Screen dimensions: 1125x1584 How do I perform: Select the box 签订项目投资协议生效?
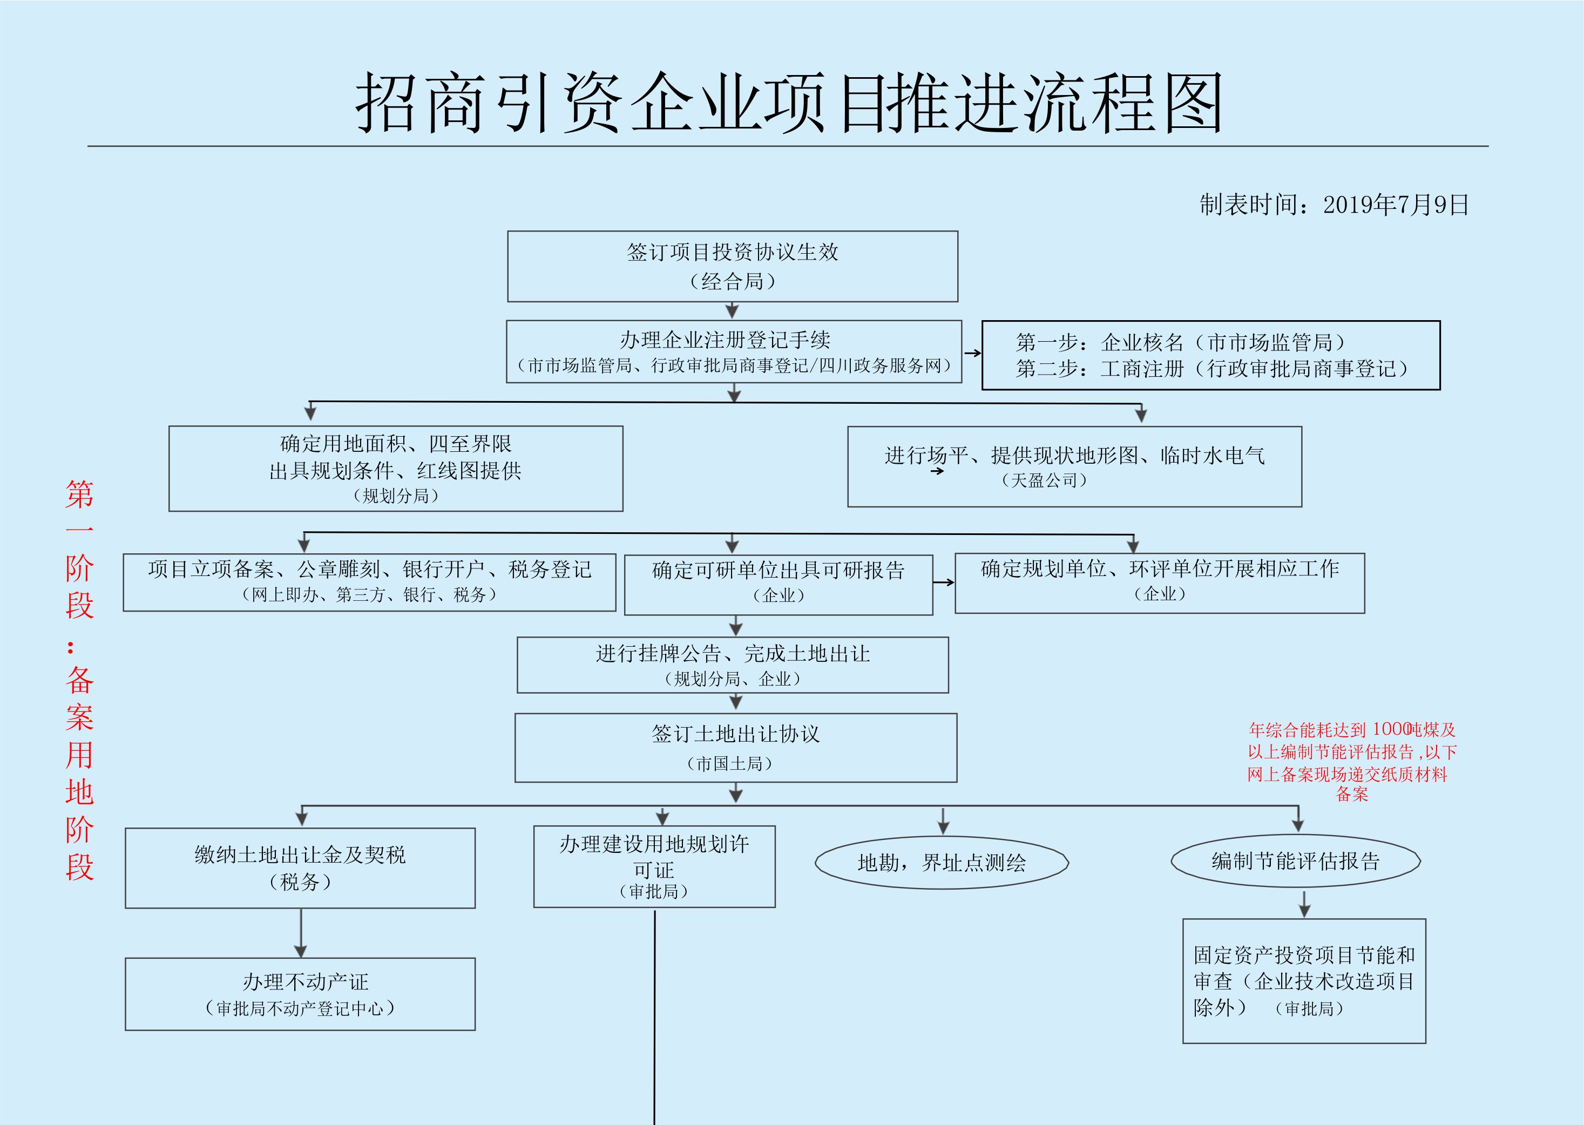pos(732,267)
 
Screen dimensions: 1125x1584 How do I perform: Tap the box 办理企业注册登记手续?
pos(734,351)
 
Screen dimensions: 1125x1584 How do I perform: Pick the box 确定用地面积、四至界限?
pos(396,468)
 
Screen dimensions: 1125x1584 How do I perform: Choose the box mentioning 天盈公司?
pos(1074,466)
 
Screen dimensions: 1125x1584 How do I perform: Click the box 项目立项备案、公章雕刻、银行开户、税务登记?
pos(369,582)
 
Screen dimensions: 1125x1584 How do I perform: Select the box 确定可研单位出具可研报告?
pos(778,584)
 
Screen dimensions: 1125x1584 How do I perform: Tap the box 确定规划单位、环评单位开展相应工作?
pos(1160,582)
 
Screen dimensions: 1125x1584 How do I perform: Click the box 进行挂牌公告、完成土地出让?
pos(732,665)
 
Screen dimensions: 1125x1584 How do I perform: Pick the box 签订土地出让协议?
pos(735,748)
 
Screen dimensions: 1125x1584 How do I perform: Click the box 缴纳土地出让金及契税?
pos(300,868)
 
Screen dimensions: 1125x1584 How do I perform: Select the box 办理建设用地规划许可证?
pos(654,866)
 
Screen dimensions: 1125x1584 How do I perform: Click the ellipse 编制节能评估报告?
pos(1295,861)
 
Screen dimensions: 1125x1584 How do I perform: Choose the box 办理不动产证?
pos(300,993)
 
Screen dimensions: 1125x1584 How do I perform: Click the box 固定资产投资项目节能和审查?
pos(1303,980)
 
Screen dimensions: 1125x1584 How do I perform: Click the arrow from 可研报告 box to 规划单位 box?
pos(943,582)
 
